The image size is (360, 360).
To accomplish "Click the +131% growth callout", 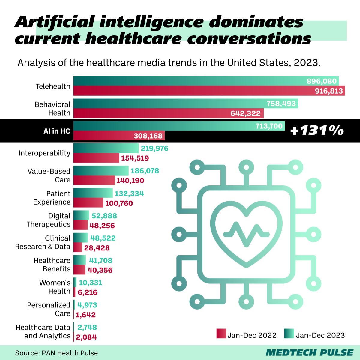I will (317, 131).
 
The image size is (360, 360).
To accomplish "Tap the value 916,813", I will (329, 91).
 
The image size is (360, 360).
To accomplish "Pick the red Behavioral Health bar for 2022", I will (168, 113).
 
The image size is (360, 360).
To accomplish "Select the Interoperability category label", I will (44, 153).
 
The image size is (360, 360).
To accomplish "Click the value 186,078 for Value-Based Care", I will (145, 171).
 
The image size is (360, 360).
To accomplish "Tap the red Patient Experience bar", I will (88, 202).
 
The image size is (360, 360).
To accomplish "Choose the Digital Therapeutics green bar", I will (81, 215).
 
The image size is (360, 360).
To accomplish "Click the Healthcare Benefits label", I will (52, 265).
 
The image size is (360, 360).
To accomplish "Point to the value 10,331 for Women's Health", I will (90, 283).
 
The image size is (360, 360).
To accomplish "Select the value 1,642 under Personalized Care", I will (86, 315).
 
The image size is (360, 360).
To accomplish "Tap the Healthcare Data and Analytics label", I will (43, 331).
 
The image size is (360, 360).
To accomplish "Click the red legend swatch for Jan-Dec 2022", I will (221, 334).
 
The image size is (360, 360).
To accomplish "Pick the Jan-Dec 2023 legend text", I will (320, 335).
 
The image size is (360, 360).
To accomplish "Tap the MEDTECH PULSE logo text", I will (310, 352).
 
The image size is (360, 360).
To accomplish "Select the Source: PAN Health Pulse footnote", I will (56, 353).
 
